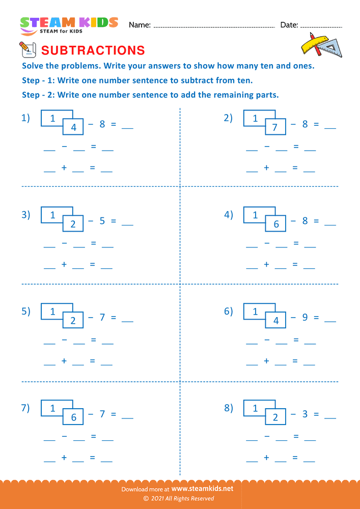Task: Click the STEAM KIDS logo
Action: pyautogui.click(x=69, y=25)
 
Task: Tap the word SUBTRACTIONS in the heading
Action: pyautogui.click(x=93, y=50)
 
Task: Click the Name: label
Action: pyautogui.click(x=140, y=25)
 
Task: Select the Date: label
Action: pyautogui.click(x=289, y=25)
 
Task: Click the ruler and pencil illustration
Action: pyautogui.click(x=321, y=44)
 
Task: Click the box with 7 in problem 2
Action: pyautogui.click(x=275, y=127)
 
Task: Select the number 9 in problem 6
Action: pyautogui.click(x=304, y=318)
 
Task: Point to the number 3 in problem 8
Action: pyautogui.click(x=304, y=414)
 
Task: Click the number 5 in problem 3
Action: pyautogui.click(x=102, y=221)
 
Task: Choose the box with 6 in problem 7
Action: pyautogui.click(x=73, y=417)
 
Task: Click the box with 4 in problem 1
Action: pyautogui.click(x=73, y=127)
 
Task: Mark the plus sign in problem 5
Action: pyautogui.click(x=64, y=361)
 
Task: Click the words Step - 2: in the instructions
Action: pyautogui.click(x=39, y=95)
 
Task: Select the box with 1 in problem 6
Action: pyautogui.click(x=256, y=312)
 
